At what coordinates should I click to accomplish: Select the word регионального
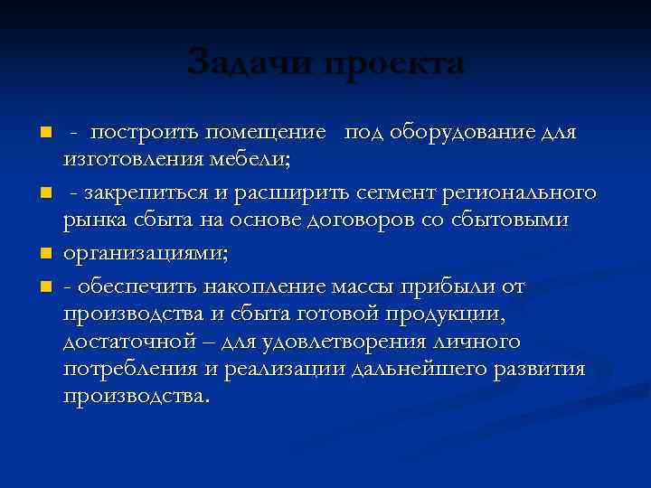pos(528,193)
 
